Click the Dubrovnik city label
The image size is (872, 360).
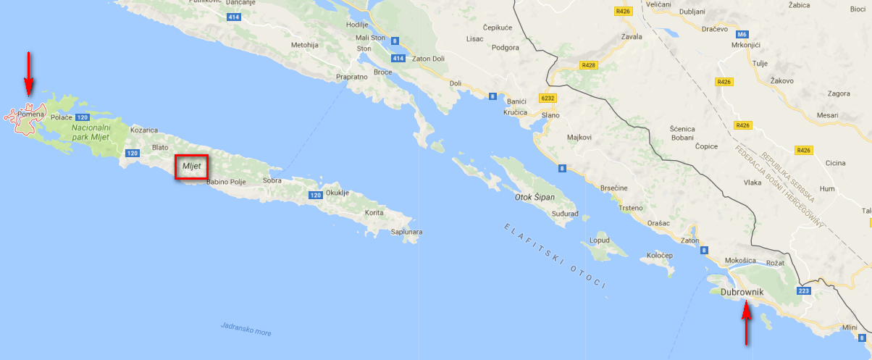[748, 292]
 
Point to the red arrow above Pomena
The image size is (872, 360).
[28, 73]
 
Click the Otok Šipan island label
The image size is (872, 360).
[534, 197]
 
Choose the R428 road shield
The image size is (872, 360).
[587, 65]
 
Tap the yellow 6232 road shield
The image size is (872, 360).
[548, 97]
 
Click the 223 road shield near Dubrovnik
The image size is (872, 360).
[803, 291]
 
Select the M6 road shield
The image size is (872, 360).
[741, 34]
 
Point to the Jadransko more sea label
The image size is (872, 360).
[246, 328]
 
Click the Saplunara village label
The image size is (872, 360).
[406, 232]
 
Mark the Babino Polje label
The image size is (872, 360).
[227, 182]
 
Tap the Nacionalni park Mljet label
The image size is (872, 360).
[90, 131]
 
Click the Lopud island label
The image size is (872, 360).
[600, 240]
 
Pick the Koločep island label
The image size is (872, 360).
[659, 256]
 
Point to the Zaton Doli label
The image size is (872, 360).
[428, 59]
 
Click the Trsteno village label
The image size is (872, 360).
[632, 208]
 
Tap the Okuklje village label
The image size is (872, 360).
[338, 193]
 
